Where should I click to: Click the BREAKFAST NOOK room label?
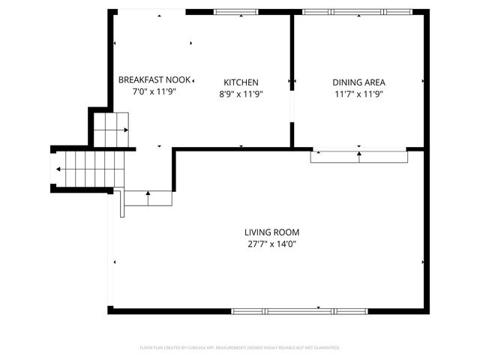[x=154, y=79]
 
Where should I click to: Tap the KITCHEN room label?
[x=241, y=82]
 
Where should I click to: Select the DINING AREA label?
[x=358, y=82]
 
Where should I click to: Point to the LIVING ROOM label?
[x=271, y=232]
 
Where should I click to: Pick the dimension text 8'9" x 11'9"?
[x=241, y=94]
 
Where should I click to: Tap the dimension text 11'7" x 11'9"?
[x=358, y=94]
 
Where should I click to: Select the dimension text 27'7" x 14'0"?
[x=271, y=244]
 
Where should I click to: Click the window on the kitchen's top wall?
[x=236, y=12]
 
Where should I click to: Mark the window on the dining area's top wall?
[x=356, y=12]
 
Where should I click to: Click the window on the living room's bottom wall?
[x=300, y=310]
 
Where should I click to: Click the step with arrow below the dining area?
[x=358, y=156]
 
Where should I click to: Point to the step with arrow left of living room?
[x=148, y=199]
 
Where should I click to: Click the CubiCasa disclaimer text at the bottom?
[x=240, y=348]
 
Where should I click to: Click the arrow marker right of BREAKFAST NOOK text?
[x=193, y=79]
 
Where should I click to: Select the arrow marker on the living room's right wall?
[x=424, y=262]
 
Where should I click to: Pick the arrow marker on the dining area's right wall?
[x=424, y=80]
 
